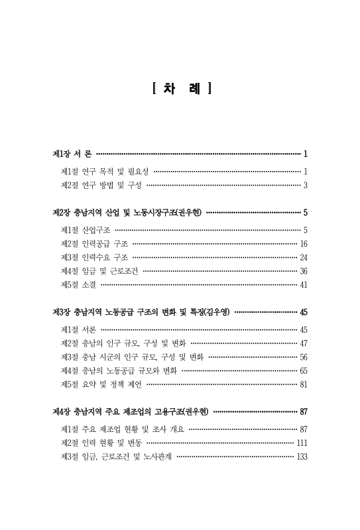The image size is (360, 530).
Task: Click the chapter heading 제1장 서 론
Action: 73,154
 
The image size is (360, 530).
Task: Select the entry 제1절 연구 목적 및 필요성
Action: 104,171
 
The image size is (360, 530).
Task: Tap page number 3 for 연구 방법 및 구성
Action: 305,185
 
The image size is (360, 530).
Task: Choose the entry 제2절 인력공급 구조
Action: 94,243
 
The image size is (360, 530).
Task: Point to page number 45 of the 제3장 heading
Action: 303,311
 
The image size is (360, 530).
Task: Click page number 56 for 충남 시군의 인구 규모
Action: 303,356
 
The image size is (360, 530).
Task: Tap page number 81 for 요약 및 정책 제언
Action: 303,384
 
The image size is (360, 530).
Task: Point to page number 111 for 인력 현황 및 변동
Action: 302,443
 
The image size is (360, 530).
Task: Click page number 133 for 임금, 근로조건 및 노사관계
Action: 302,456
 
